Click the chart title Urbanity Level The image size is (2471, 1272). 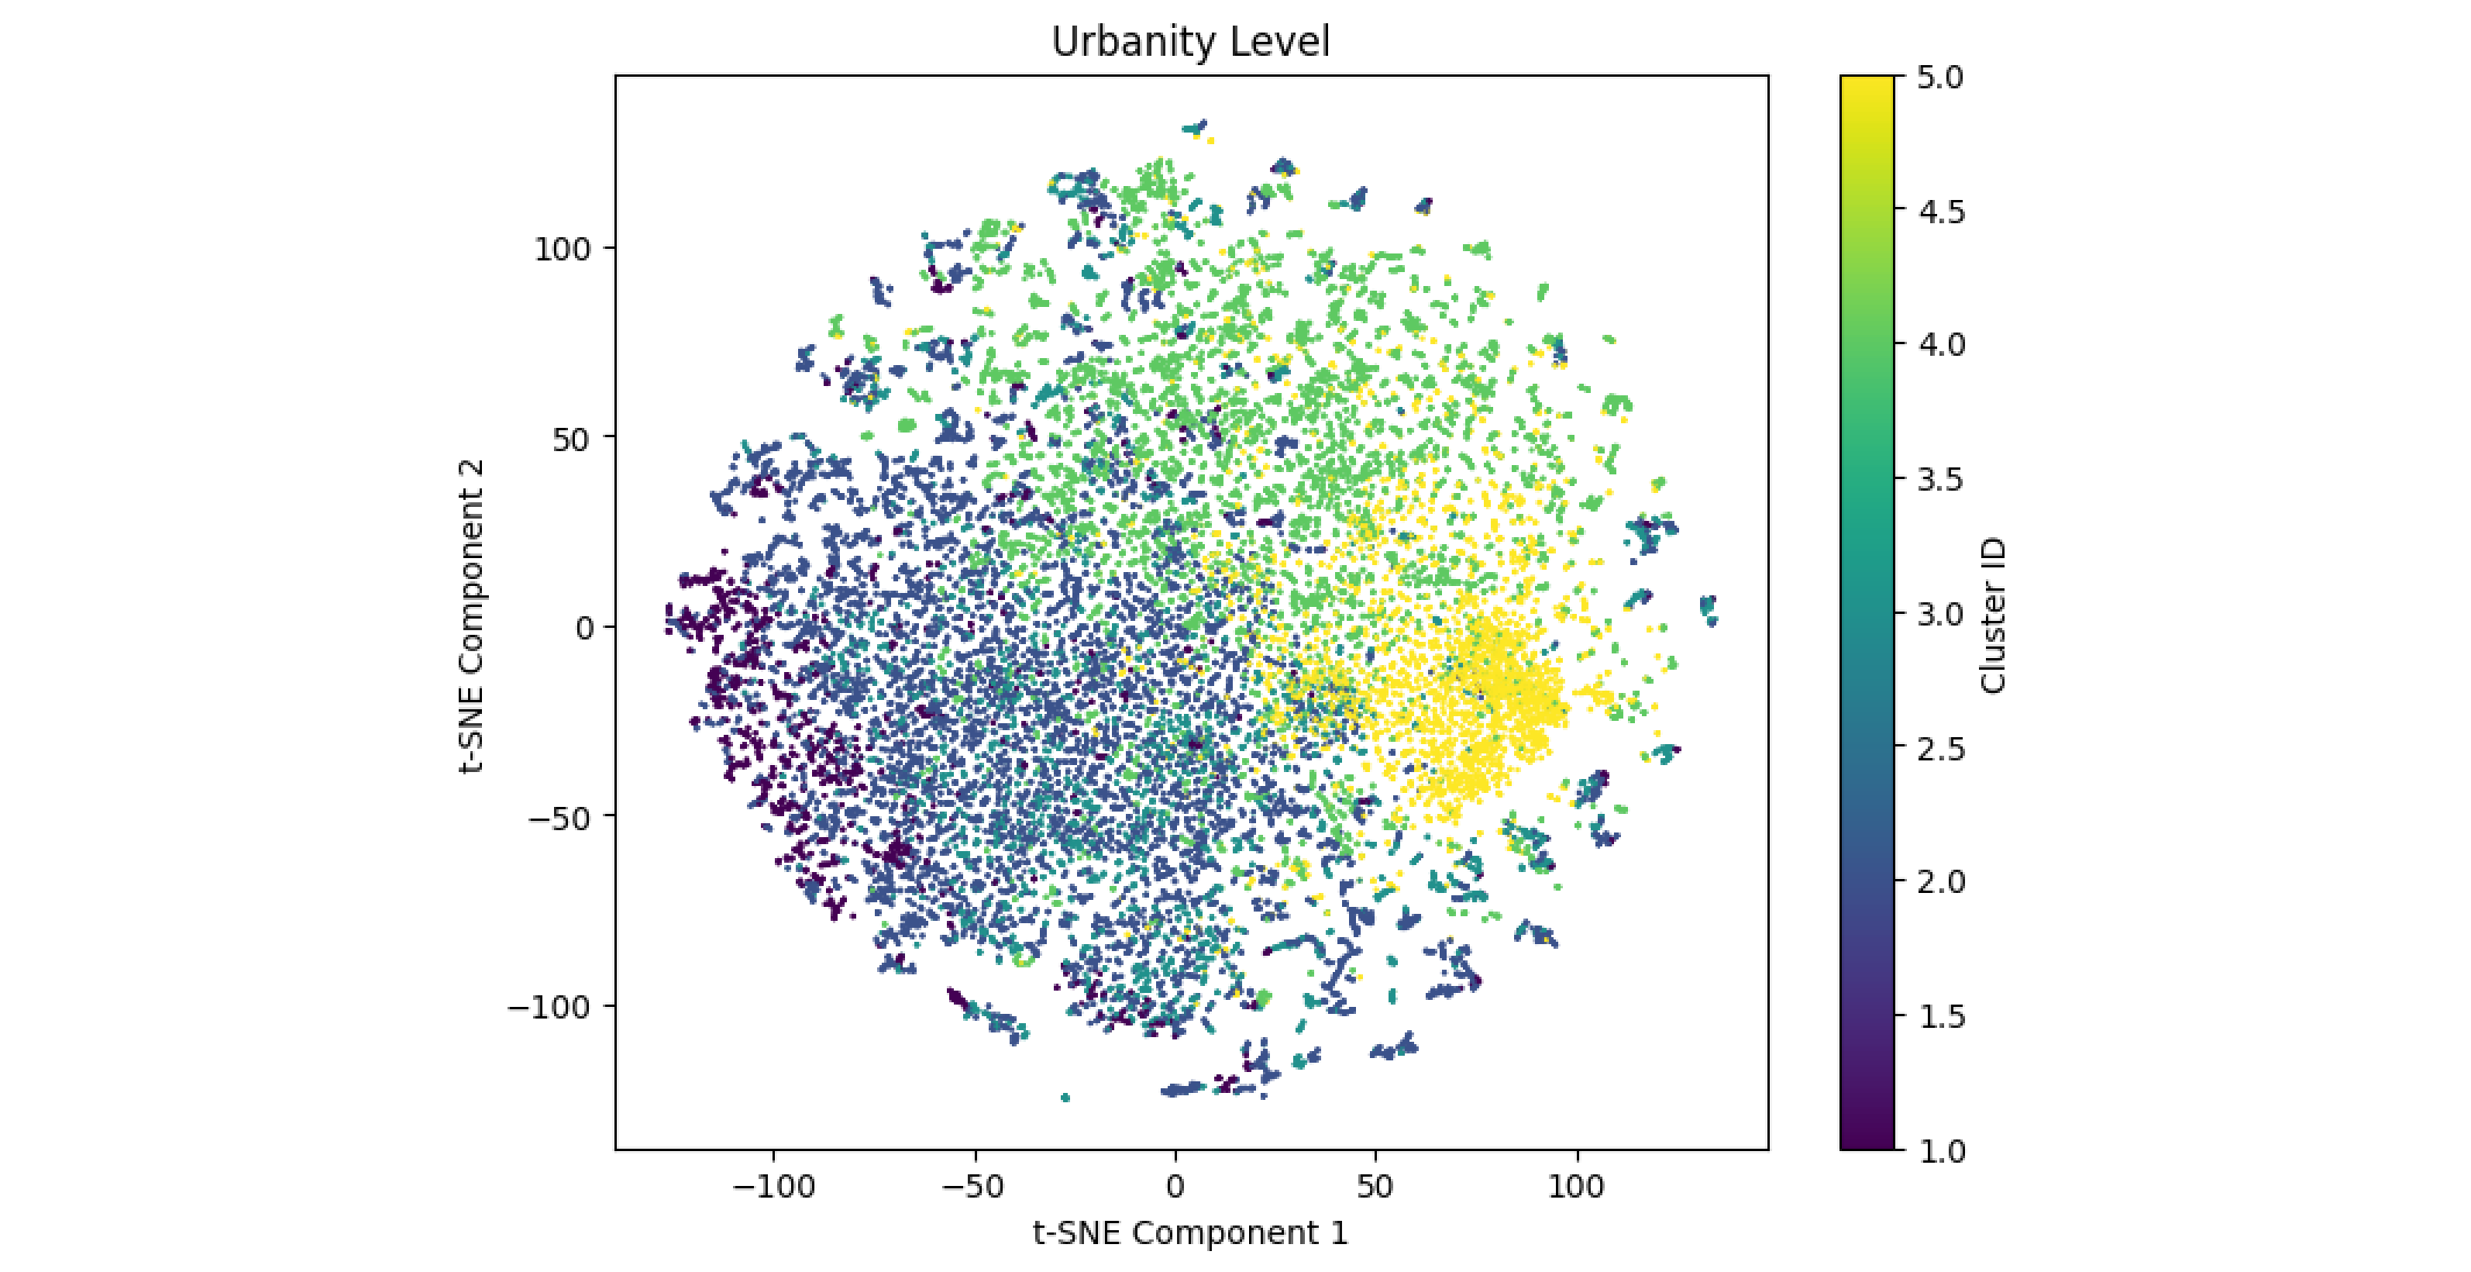1190,42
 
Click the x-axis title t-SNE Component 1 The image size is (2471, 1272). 1190,1232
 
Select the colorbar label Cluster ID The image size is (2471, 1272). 1993,615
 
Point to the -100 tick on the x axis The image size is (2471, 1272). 773,1188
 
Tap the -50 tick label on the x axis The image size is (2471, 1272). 975,1188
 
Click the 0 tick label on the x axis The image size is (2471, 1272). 1175,1188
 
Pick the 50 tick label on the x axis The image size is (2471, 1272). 1375,1188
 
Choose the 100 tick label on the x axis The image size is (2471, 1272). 1576,1188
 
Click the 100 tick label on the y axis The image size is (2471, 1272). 562,250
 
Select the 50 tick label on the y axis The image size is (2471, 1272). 572,439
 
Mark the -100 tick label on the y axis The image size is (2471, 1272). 549,1007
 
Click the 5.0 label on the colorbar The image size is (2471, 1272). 1940,78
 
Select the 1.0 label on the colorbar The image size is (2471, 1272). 1940,1151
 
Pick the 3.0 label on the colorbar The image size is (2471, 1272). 1940,614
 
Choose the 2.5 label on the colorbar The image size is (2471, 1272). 1940,748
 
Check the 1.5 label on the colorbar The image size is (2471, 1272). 1940,1017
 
